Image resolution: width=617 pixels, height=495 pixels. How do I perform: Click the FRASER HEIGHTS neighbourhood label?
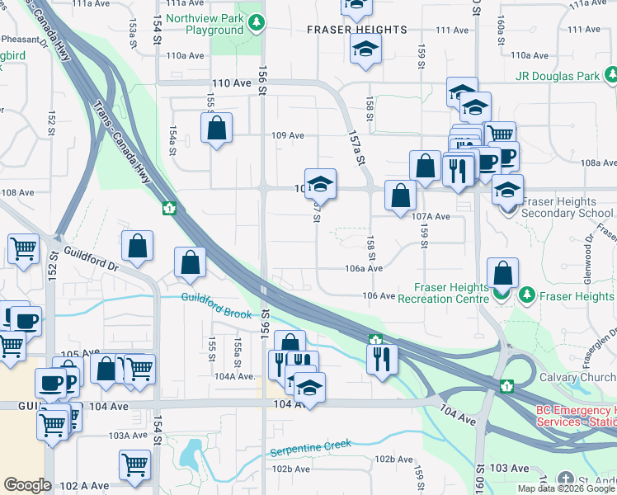[356, 30]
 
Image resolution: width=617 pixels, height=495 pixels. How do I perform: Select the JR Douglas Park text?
[557, 76]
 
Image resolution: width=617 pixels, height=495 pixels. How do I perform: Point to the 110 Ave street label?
[230, 83]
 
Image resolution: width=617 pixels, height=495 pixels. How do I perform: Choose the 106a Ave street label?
[364, 268]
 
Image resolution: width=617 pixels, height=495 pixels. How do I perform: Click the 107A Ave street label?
[431, 216]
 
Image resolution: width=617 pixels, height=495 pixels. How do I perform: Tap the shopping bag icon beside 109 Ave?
[216, 129]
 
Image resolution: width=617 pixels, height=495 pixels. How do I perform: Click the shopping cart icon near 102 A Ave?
[134, 464]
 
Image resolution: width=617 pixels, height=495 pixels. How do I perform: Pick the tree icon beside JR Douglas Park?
[610, 76]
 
